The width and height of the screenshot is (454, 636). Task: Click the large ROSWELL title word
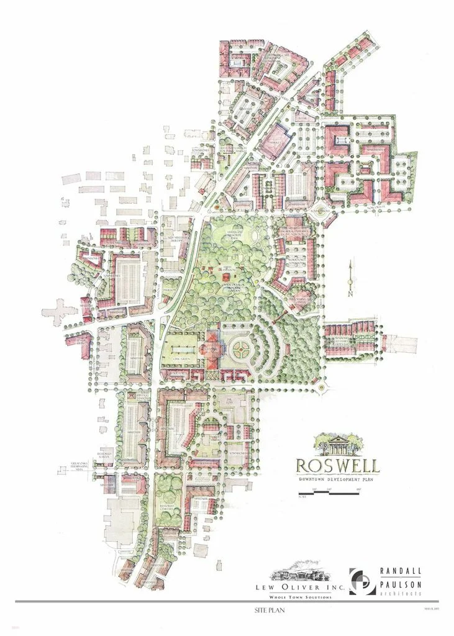coord(338,465)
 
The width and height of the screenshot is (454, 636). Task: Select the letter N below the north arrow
coord(350,294)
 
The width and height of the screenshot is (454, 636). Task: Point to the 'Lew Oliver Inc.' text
coord(293,586)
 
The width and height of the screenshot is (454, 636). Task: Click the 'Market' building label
coord(276,142)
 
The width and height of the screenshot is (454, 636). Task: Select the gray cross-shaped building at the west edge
coord(60,314)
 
